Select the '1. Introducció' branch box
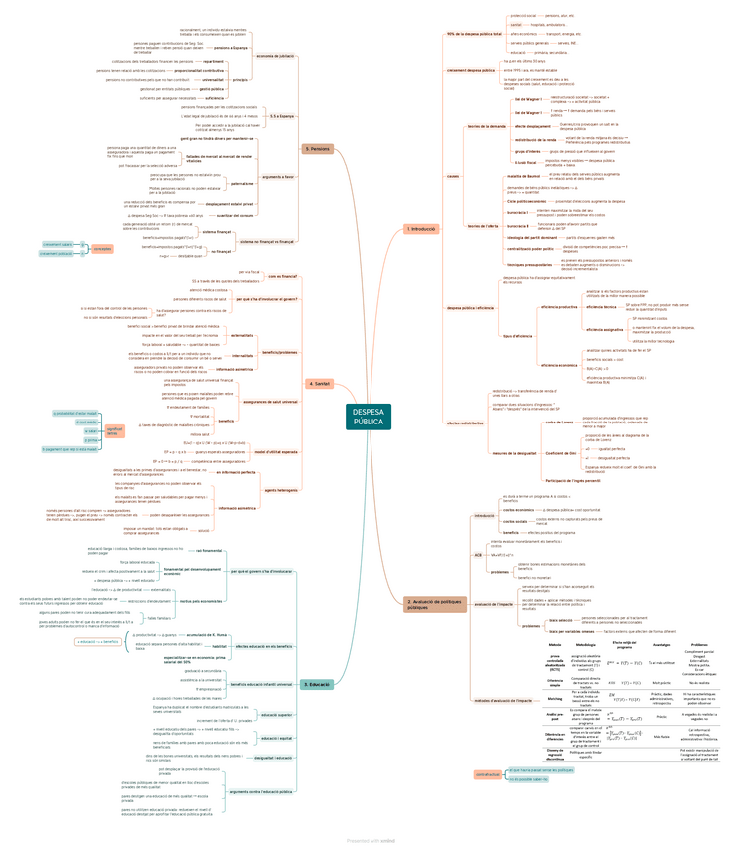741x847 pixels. (x=420, y=229)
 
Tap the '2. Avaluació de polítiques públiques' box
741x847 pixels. (x=435, y=603)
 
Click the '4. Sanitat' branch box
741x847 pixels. (x=320, y=383)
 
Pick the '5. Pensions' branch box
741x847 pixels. (x=317, y=149)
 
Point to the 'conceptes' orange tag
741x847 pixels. (x=102, y=248)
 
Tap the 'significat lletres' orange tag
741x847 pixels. (x=114, y=431)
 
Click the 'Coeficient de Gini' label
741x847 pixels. (x=560, y=453)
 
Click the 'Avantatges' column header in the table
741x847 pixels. (x=661, y=645)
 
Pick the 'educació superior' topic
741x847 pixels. (x=276, y=715)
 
